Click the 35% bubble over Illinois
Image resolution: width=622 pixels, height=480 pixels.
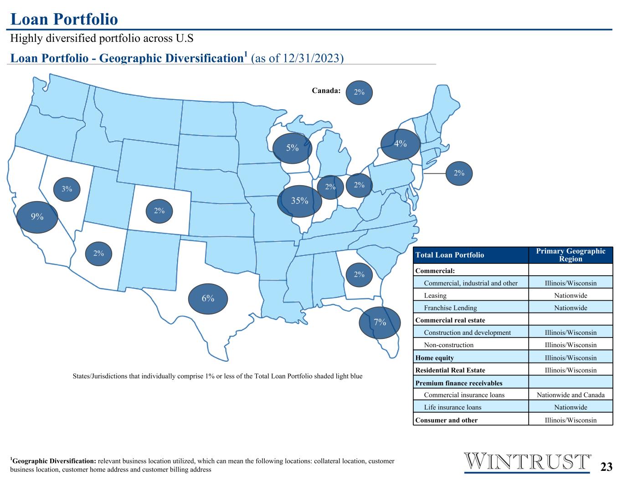point(299,201)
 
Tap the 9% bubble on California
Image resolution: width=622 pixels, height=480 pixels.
point(37,217)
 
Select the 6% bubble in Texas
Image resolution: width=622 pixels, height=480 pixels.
point(208,299)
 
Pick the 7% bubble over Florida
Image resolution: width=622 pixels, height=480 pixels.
point(380,323)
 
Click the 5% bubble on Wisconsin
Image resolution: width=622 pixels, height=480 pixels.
point(292,148)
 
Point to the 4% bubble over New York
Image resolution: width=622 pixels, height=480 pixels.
point(401,144)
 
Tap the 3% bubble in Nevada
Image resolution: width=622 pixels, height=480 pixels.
point(67,189)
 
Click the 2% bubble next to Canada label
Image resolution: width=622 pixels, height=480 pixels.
point(359,92)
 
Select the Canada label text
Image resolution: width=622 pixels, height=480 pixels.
point(326,91)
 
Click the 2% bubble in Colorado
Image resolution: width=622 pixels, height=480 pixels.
point(159,211)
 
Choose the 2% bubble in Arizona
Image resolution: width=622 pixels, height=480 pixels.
point(98,254)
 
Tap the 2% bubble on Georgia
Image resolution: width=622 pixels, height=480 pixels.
point(359,275)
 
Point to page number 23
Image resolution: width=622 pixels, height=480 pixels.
point(606,467)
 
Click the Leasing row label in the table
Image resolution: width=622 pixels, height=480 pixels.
point(435,295)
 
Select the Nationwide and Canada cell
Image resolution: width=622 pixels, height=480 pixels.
point(571,395)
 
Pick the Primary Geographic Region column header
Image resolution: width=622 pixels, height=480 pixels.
point(571,255)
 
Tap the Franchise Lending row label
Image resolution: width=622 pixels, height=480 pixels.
point(450,308)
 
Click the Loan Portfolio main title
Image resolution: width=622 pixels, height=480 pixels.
point(64,20)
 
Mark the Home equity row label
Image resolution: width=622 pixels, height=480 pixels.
point(435,358)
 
